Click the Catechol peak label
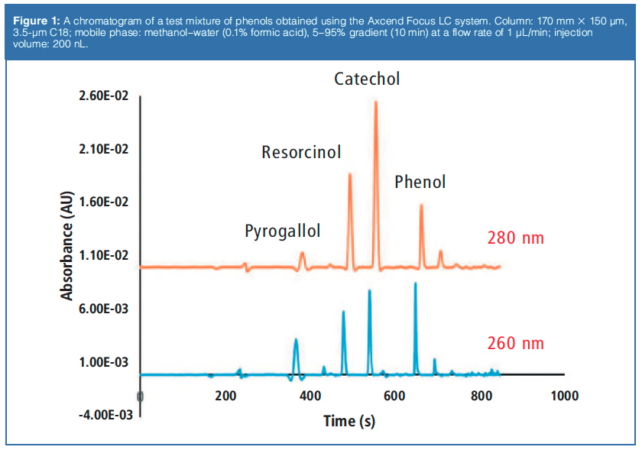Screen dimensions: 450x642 (367, 79)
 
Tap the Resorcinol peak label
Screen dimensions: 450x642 (301, 152)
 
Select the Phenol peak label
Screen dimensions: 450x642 (420, 182)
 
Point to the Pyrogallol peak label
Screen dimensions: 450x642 (282, 231)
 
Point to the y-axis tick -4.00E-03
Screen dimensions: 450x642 (100, 415)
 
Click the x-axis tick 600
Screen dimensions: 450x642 (394, 397)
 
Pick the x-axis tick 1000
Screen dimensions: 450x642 (564, 397)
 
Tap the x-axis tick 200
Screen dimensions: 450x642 (225, 397)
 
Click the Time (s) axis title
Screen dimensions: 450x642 (349, 421)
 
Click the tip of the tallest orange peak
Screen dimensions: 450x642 (375, 102)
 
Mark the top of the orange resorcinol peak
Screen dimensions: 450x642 (350, 174)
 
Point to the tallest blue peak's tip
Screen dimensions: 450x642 (415, 283)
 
